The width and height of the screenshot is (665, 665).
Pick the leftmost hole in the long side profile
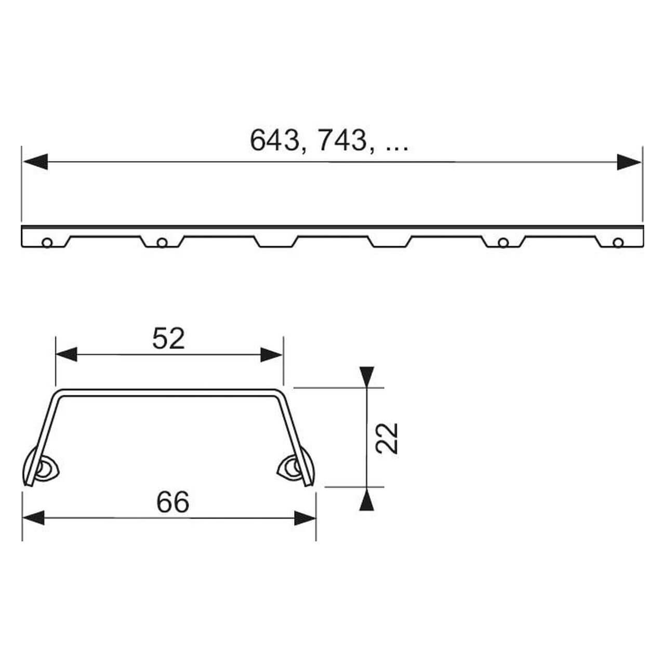[47, 243]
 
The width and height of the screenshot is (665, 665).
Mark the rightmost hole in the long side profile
[617, 243]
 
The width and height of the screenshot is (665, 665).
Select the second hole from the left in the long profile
[162, 243]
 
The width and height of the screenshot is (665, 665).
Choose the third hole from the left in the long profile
[502, 243]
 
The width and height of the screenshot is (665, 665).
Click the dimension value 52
[168, 339]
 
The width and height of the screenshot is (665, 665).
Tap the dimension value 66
[172, 502]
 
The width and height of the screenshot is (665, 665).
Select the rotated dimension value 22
[387, 438]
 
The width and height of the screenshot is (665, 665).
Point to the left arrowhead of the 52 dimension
[66, 355]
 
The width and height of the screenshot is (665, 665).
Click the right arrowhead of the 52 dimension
[271, 355]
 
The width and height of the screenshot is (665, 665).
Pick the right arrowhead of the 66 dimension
[305, 518]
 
